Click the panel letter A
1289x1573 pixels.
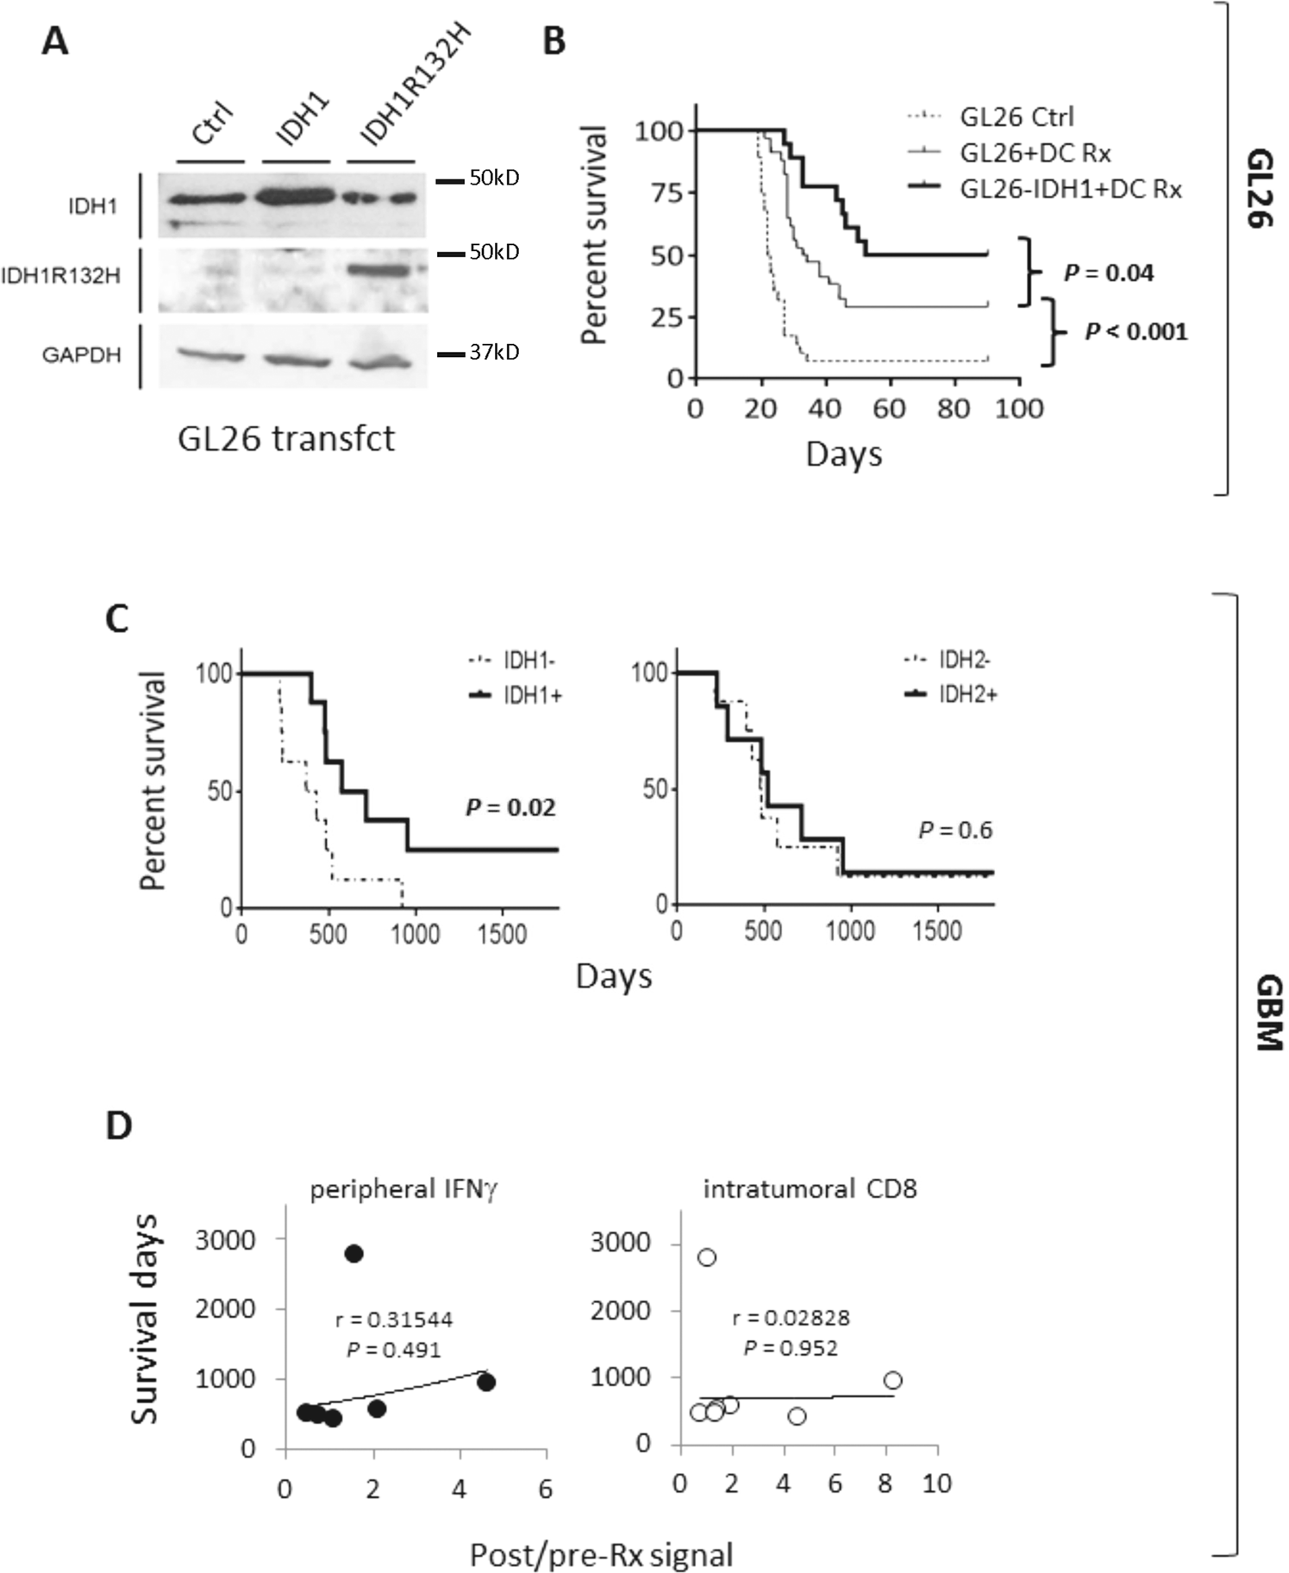coord(54,41)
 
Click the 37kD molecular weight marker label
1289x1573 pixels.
coord(494,353)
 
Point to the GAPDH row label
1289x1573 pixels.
coord(81,354)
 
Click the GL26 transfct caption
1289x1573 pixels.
coord(286,439)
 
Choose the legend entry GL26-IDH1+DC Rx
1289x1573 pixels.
coord(1070,189)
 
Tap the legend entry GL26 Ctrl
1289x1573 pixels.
coord(1017,116)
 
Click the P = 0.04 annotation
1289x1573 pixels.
coord(1109,273)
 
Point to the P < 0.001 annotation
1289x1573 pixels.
coord(1136,331)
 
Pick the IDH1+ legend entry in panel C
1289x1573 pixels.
coord(532,695)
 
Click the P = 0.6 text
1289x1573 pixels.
coord(955,830)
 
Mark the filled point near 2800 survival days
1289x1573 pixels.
coord(354,1254)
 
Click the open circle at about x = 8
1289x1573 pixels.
coord(892,1381)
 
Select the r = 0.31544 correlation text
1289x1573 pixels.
coord(393,1319)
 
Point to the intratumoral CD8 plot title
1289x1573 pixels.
coord(810,1189)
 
